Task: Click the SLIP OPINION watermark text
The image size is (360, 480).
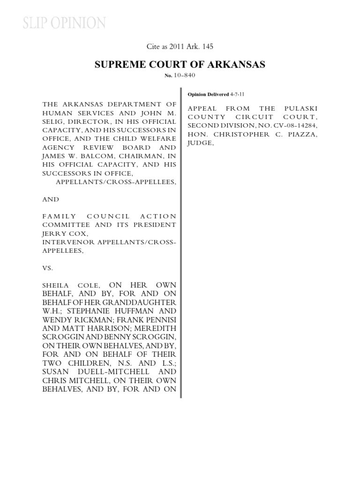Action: pos(65,23)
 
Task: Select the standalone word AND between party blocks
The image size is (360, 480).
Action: pos(51,199)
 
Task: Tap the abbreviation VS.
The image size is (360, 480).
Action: pos(48,268)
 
